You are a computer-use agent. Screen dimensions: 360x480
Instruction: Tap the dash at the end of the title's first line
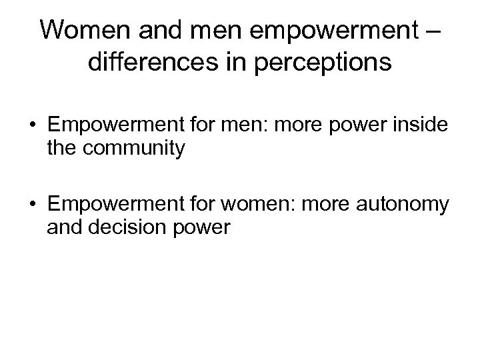(431, 31)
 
